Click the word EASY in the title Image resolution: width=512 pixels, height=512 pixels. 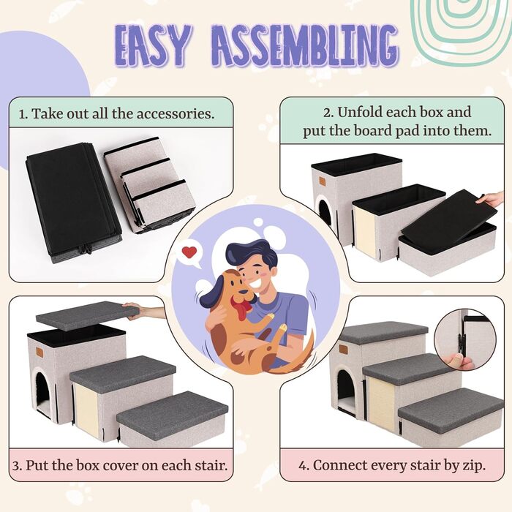click(x=153, y=45)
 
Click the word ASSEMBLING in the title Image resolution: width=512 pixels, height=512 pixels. click(x=305, y=45)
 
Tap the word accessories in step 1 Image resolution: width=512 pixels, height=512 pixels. click(x=176, y=114)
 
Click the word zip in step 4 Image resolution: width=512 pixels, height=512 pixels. click(x=474, y=466)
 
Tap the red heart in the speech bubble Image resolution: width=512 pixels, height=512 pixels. click(x=189, y=252)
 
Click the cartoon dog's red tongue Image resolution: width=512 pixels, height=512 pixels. click(x=241, y=309)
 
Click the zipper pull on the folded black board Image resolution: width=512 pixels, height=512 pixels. click(x=88, y=250)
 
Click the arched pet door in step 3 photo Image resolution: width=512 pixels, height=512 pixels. click(x=44, y=390)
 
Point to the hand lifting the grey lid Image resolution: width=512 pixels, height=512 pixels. click(x=144, y=309)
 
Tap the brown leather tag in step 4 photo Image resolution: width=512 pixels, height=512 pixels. click(x=343, y=349)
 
